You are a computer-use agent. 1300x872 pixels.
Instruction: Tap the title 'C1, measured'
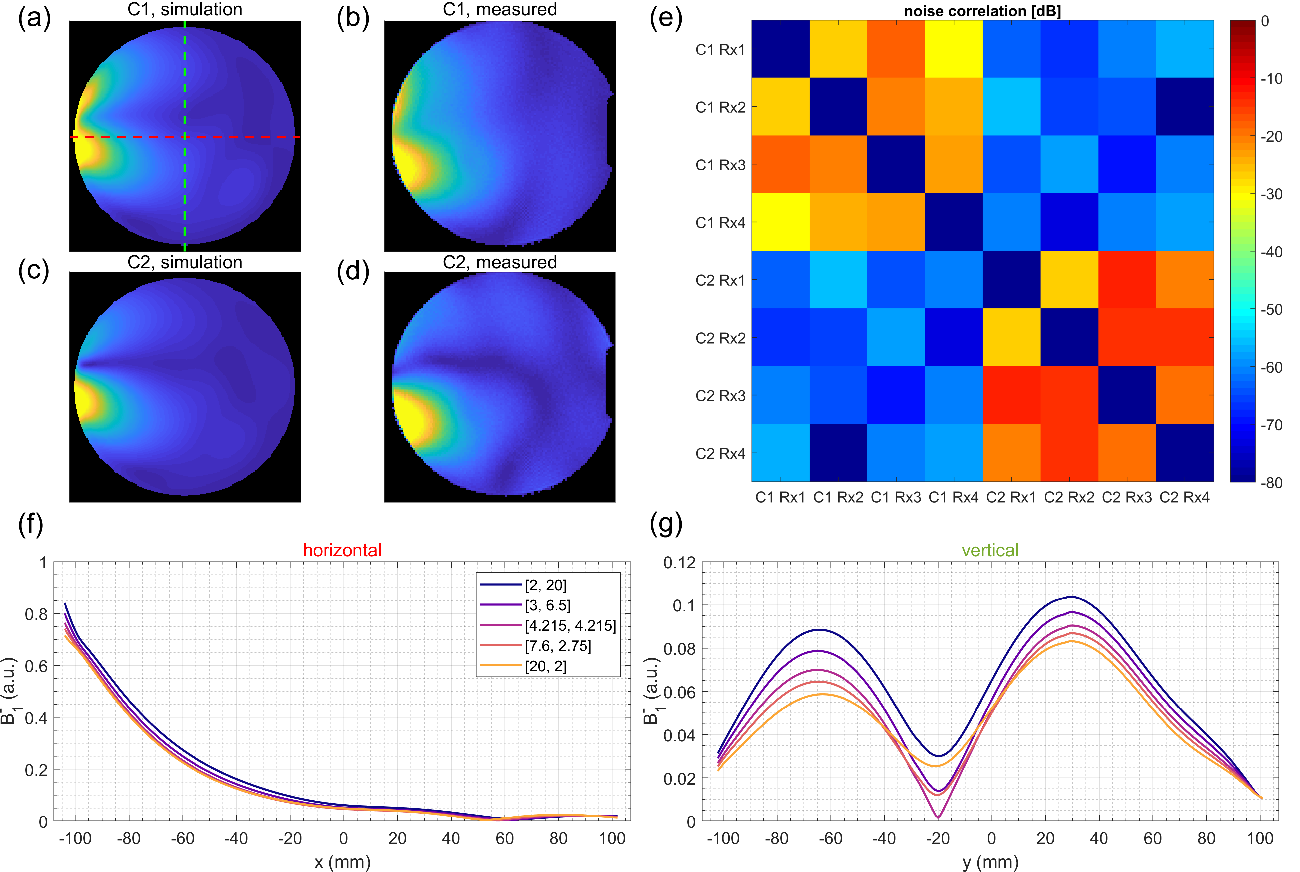coord(499,9)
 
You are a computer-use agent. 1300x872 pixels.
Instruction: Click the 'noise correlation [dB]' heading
coord(982,11)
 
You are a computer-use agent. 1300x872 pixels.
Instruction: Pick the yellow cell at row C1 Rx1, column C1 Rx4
coord(954,49)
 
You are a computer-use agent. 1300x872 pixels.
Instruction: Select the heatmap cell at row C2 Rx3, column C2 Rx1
coord(1011,395)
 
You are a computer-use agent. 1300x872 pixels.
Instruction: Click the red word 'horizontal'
coord(342,551)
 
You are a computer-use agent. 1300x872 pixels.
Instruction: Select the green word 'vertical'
coord(990,551)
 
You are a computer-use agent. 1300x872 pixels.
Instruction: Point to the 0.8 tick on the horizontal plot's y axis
coord(36,614)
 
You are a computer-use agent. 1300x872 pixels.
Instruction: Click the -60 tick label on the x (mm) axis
coord(183,839)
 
